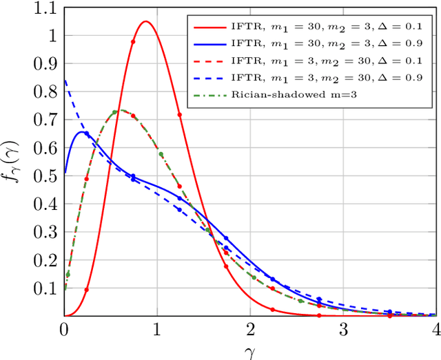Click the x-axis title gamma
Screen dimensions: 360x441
pyautogui.click(x=249, y=352)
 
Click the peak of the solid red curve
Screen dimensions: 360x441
pyautogui.click(x=145, y=21)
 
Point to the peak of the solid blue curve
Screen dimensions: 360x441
pyautogui.click(x=81, y=131)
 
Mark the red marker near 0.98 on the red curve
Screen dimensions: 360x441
pyautogui.click(x=133, y=41)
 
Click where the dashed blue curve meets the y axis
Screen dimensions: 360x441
pyautogui.click(x=65, y=81)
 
